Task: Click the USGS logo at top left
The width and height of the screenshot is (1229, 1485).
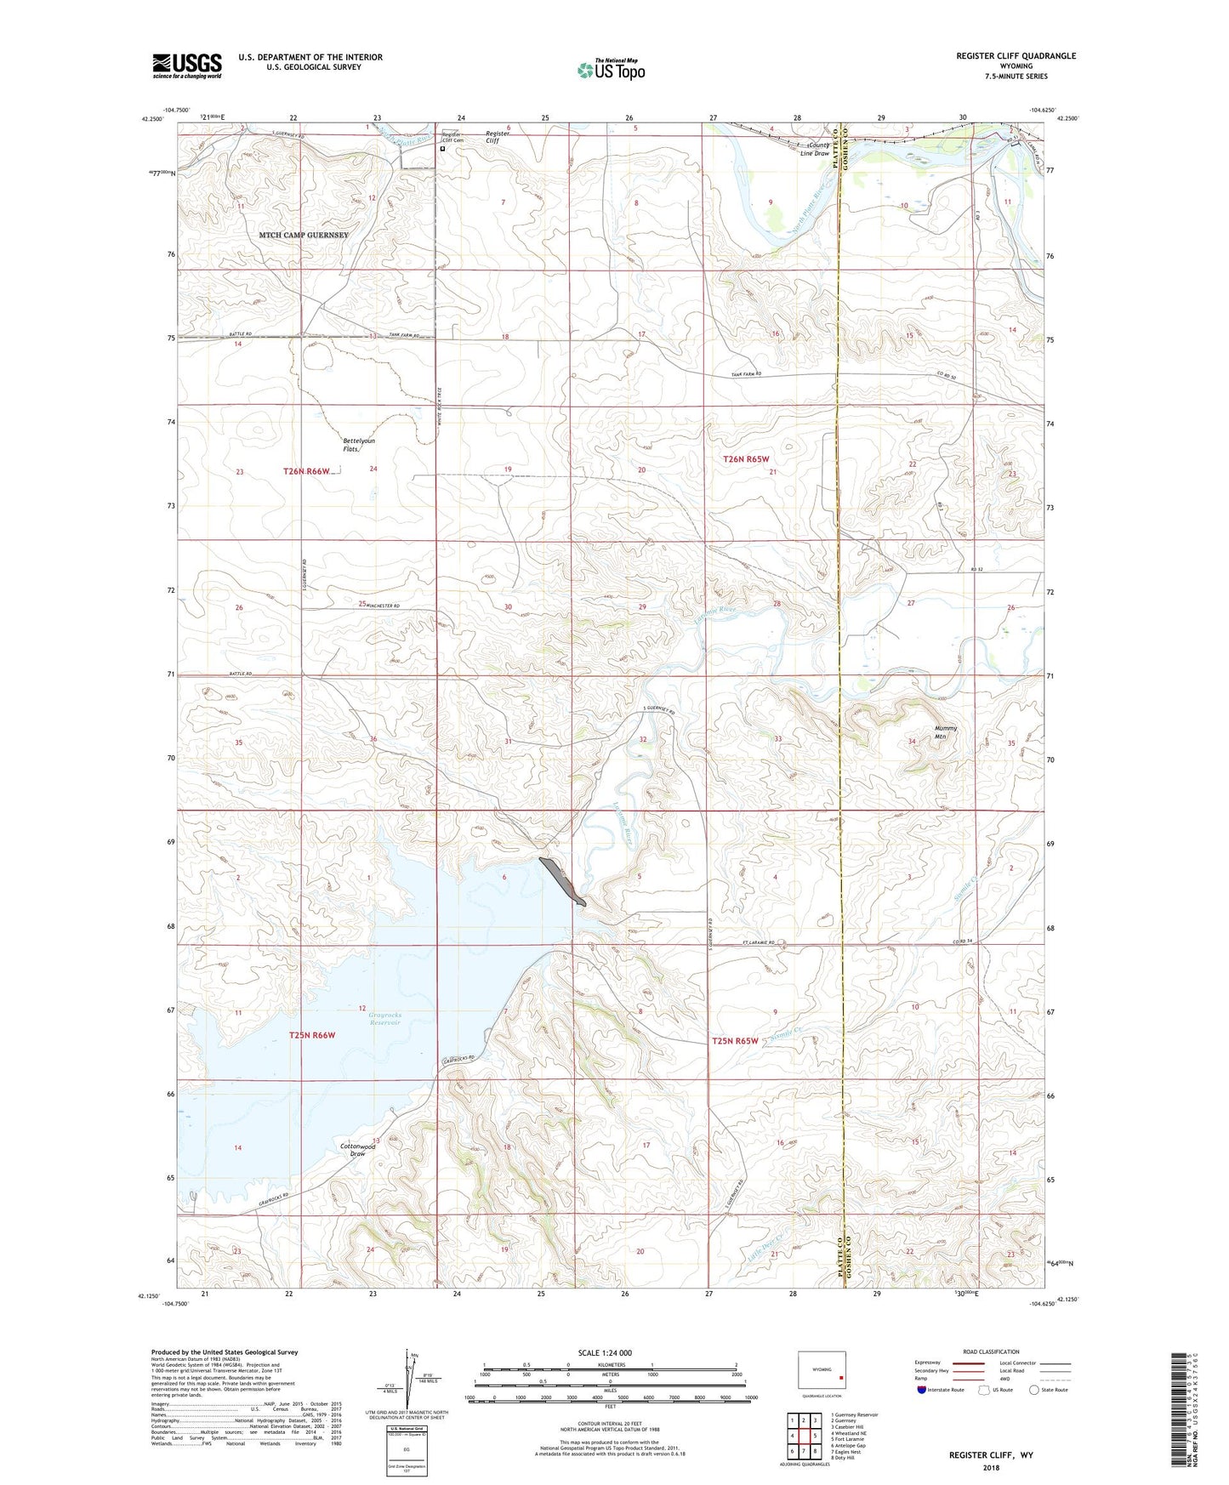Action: tap(187, 65)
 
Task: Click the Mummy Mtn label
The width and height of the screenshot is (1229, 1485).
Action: tap(946, 731)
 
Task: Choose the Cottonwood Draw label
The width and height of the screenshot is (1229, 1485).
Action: tap(357, 1150)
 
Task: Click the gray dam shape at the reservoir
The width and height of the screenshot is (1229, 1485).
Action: tap(561, 882)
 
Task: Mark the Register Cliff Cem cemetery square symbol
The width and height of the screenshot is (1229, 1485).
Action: tap(442, 148)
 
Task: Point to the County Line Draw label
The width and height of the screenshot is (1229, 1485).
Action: tap(816, 149)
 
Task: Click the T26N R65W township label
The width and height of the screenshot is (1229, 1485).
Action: tap(751, 459)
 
